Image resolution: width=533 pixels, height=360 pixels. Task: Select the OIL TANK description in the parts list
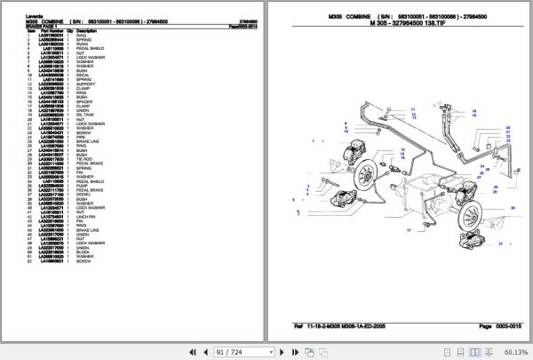[x=90, y=114]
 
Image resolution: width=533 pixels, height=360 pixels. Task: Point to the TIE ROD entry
[x=88, y=159]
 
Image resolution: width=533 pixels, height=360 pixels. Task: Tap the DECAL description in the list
[x=86, y=74]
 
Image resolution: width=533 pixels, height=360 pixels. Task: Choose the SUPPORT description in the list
[x=90, y=84]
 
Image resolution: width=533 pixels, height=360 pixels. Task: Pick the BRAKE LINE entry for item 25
[x=91, y=139]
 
